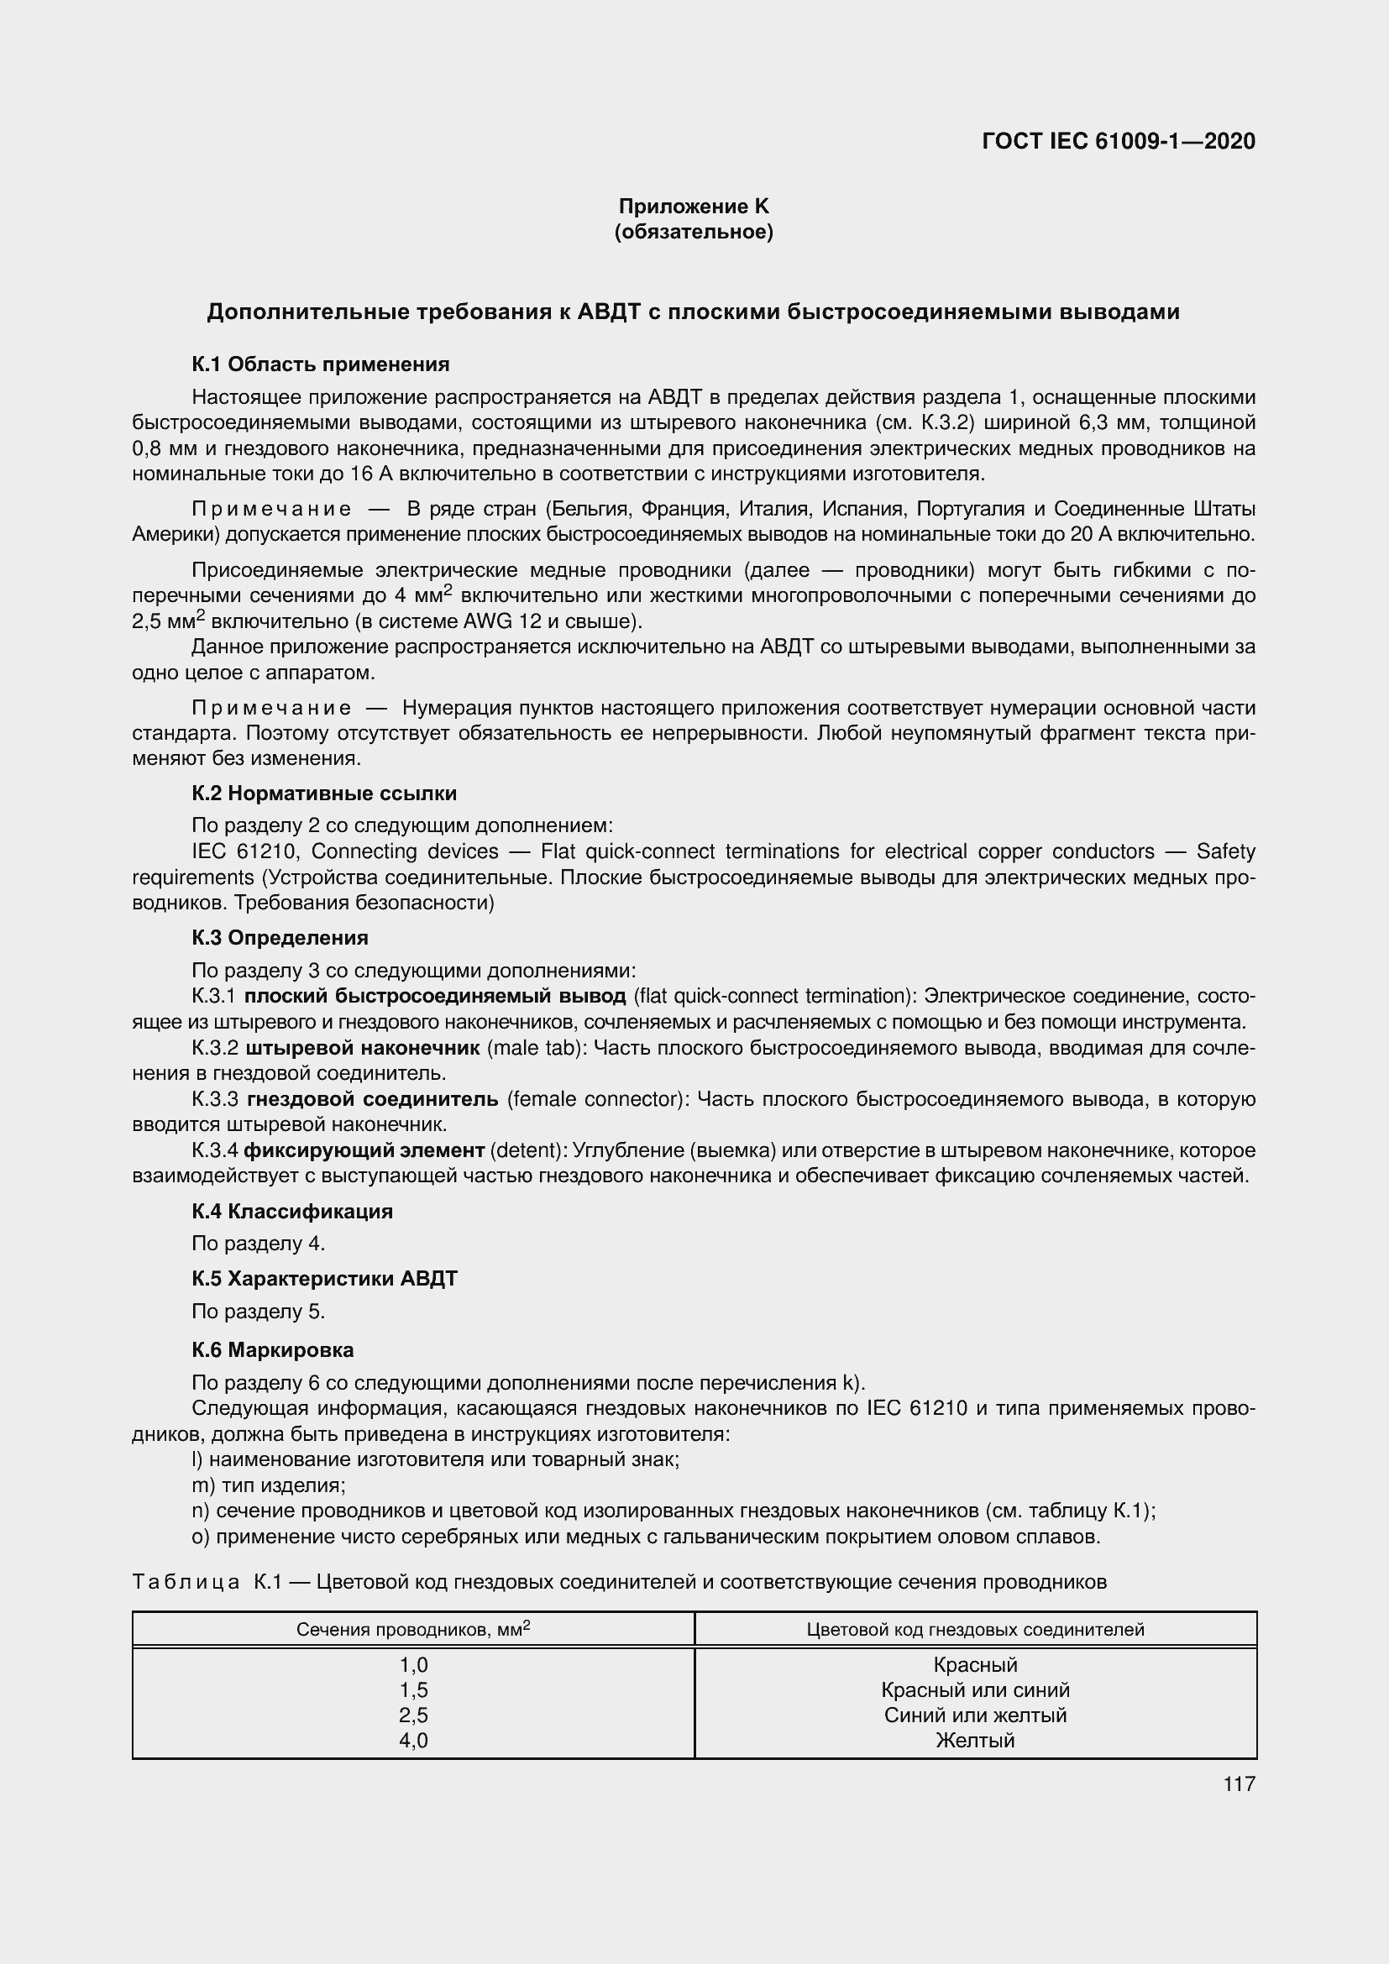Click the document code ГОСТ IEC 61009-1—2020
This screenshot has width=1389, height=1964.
[x=1119, y=141]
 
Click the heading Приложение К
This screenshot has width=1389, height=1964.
[x=694, y=207]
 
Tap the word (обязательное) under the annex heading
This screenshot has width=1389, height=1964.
[x=694, y=232]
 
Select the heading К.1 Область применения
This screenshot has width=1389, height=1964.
[x=320, y=364]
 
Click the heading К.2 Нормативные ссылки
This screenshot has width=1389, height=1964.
[x=324, y=793]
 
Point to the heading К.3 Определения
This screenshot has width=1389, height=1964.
[x=280, y=938]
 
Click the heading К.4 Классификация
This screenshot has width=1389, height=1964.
[x=291, y=1211]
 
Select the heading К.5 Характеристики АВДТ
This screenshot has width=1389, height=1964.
[x=324, y=1278]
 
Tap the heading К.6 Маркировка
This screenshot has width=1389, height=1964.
[x=272, y=1350]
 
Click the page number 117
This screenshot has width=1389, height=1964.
[x=1239, y=1783]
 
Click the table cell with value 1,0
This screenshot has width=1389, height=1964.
[x=413, y=1663]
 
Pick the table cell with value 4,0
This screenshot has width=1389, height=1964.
[x=413, y=1740]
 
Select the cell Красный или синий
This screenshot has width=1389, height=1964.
[x=975, y=1689]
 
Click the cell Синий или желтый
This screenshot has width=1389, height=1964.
[x=975, y=1715]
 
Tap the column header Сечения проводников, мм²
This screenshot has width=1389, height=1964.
[x=413, y=1629]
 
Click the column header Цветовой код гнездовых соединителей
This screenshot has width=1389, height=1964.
[x=975, y=1630]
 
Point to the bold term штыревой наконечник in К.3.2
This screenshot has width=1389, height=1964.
[x=363, y=1048]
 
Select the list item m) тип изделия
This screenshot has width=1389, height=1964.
[x=269, y=1486]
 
